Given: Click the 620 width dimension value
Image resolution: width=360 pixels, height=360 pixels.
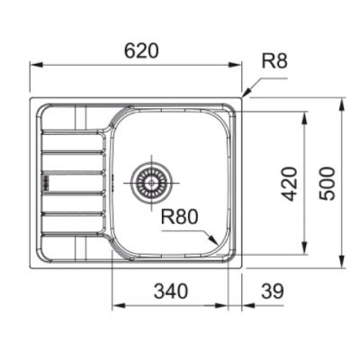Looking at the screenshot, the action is coord(141,51).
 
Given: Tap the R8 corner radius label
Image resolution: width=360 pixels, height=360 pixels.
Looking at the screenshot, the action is coord(274,61).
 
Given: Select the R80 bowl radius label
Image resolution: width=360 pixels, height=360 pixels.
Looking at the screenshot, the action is coord(179,217).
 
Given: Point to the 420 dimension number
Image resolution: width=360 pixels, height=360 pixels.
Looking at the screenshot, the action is coord(290,184).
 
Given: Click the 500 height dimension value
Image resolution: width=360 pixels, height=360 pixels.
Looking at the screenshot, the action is coord(327,184).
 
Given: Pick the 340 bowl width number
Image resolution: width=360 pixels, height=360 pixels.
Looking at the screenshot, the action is coord(171,291).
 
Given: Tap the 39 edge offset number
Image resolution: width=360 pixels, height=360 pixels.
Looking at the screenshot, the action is coord(273,291).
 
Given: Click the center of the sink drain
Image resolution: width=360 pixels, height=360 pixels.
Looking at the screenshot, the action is coord(152,182).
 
